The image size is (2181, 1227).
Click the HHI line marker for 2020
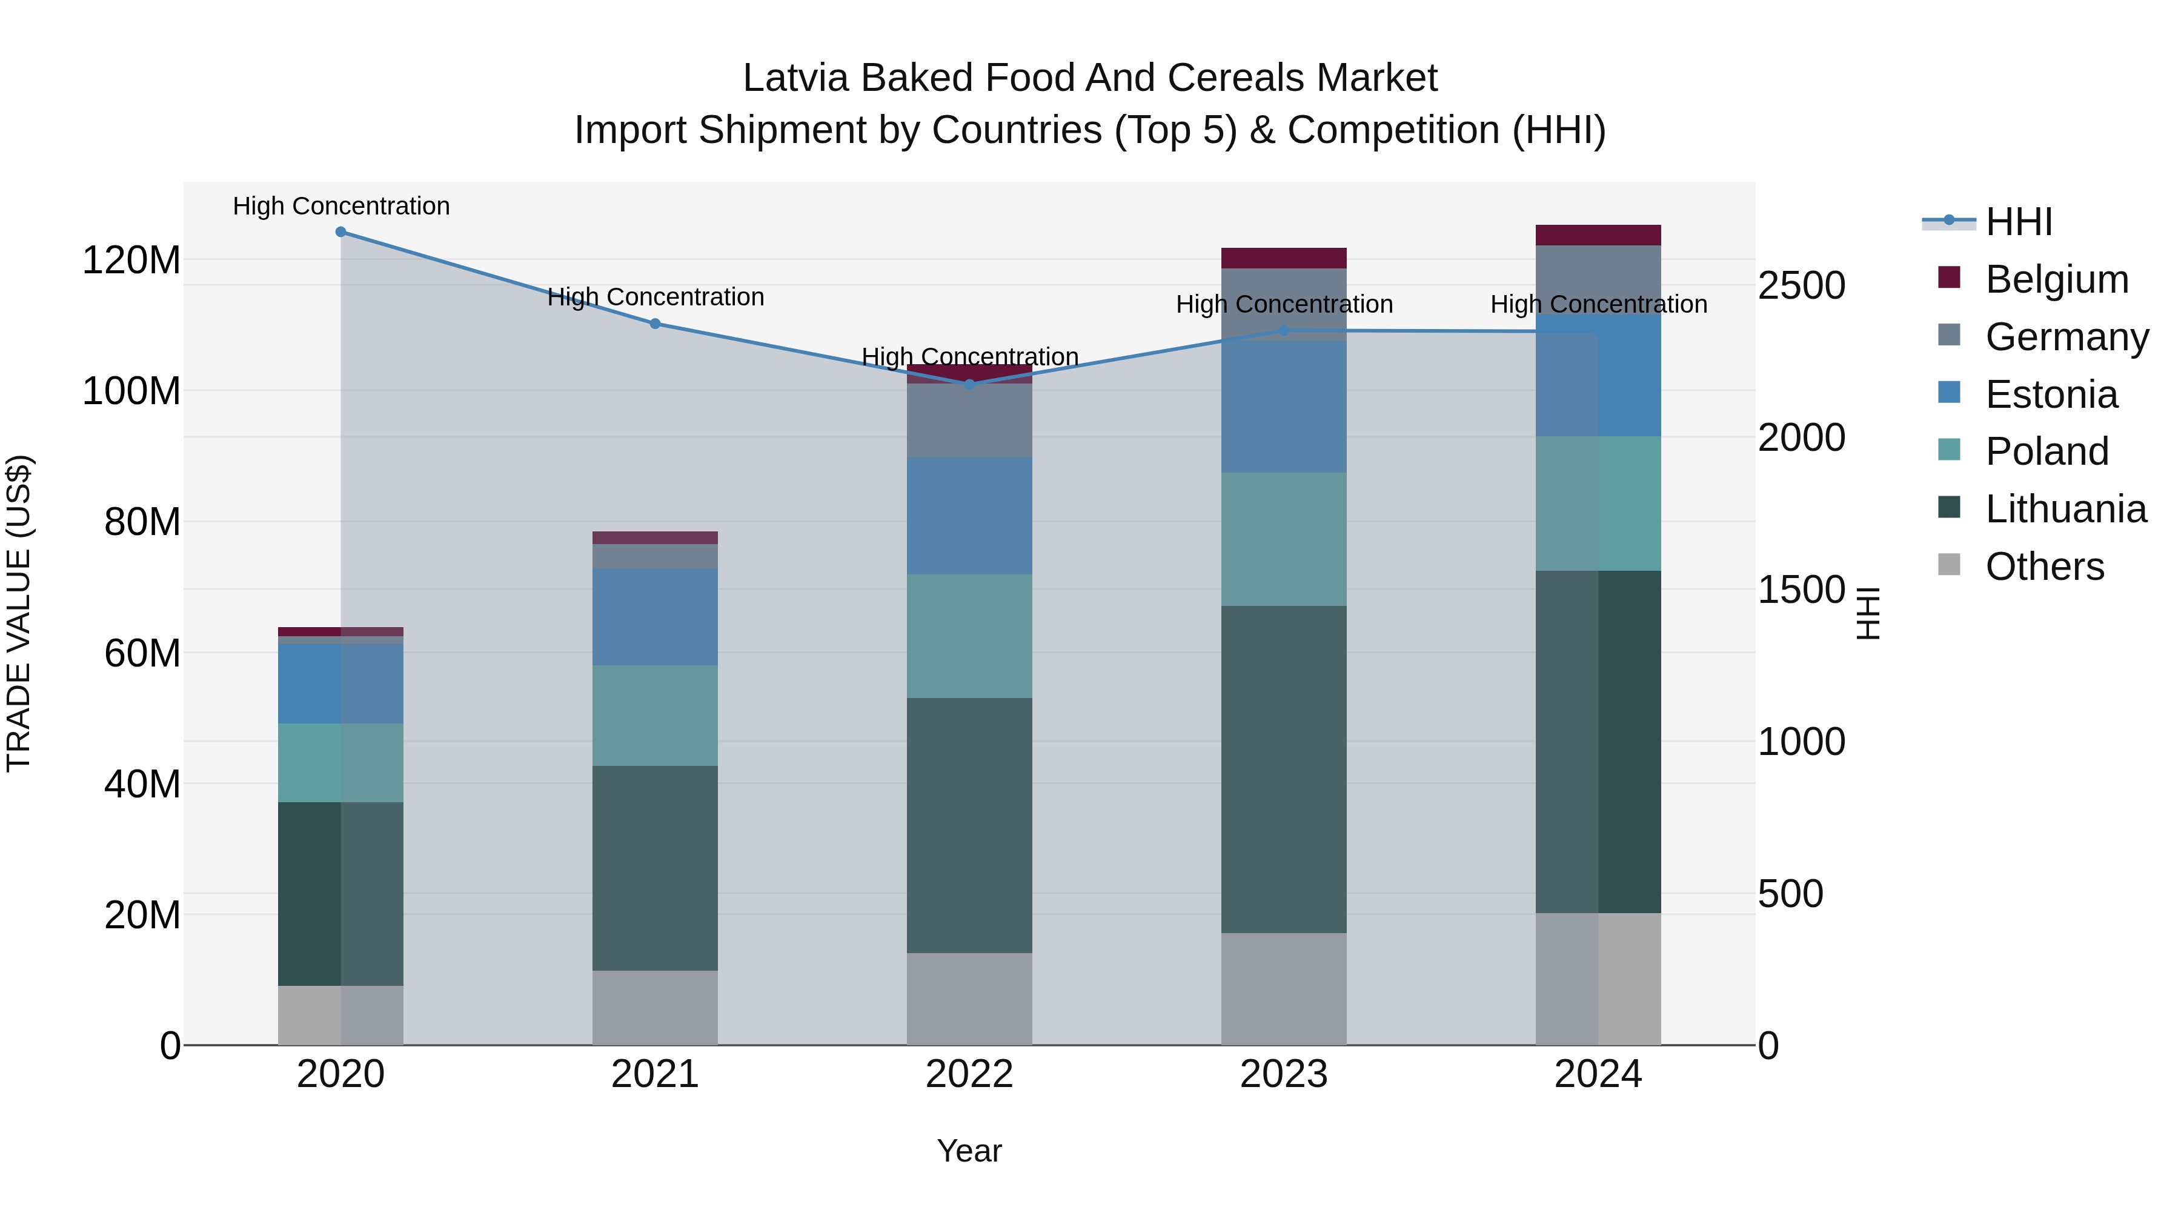click(x=340, y=232)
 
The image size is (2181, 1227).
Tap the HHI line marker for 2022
click(x=969, y=384)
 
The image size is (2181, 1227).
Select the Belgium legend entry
click(x=2056, y=279)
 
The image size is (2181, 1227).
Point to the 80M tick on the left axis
click(x=142, y=522)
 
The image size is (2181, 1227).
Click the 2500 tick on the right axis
click(x=1801, y=285)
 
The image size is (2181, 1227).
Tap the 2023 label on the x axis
click(x=1284, y=1074)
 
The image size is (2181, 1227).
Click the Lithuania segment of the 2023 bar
click(x=1284, y=769)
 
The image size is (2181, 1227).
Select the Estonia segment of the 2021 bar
click(x=654, y=616)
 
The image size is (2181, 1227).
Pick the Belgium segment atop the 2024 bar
click(x=1598, y=234)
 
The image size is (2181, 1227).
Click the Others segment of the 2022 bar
click(x=969, y=999)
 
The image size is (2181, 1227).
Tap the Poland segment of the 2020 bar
click(x=340, y=762)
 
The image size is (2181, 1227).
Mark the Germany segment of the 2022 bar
click(x=969, y=420)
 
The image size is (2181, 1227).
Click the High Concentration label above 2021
click(x=656, y=298)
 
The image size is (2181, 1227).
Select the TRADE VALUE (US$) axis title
click(x=19, y=613)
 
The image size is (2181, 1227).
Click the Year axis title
click(x=969, y=1151)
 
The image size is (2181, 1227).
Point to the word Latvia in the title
click(x=795, y=79)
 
